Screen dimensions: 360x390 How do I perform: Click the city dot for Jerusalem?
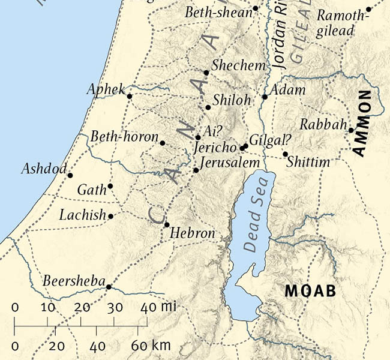point(196,170)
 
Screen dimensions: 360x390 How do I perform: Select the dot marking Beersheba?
point(109,287)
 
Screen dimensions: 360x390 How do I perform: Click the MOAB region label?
point(308,292)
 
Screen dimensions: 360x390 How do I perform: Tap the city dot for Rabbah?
point(351,129)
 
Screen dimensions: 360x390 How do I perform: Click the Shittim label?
point(308,162)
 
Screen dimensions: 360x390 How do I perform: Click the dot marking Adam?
point(265,97)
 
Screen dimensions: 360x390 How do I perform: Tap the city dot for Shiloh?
point(208,107)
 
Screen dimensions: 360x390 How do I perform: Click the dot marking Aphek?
point(129,95)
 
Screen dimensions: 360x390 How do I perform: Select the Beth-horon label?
point(124,137)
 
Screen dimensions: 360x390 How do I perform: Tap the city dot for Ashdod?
point(70,175)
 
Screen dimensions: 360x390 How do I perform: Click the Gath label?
point(91,190)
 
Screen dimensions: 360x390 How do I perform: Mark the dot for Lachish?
point(110,215)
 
